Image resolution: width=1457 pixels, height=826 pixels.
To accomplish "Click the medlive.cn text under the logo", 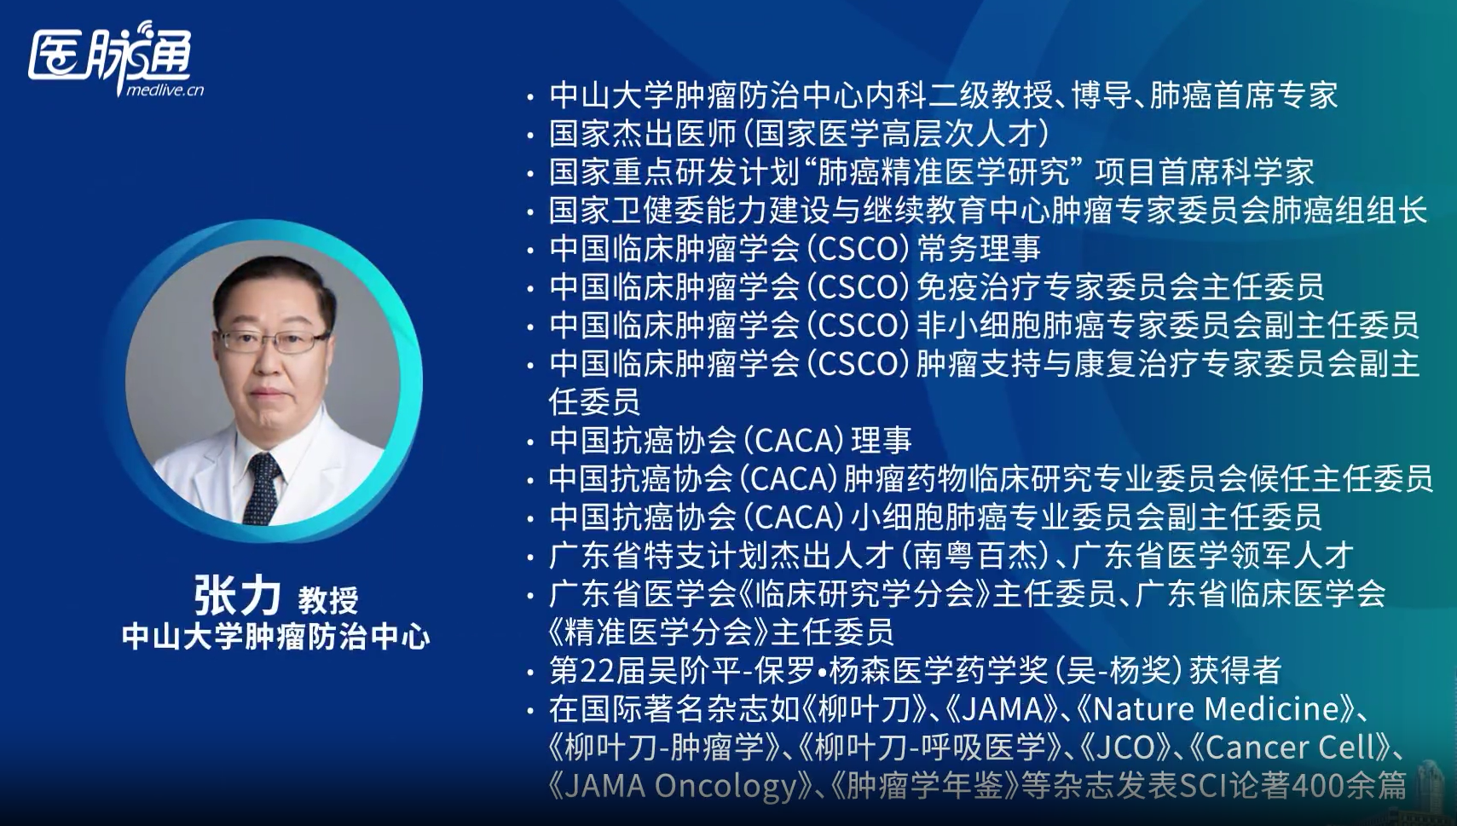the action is coord(165,90).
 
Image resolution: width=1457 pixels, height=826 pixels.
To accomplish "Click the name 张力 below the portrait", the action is coord(237,595).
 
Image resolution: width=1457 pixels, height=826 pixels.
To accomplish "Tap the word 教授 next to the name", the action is coord(328,599).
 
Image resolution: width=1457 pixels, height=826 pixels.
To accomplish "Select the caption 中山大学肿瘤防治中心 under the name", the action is coord(275,637).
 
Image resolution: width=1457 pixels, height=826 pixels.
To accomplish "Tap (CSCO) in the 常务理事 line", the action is coord(858,248).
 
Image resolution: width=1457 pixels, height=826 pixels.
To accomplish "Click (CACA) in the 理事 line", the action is coord(793,441).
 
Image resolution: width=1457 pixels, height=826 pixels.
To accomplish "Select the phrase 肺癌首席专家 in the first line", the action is coord(1244,95).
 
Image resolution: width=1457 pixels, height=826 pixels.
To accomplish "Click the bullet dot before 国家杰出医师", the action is coord(531,136).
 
